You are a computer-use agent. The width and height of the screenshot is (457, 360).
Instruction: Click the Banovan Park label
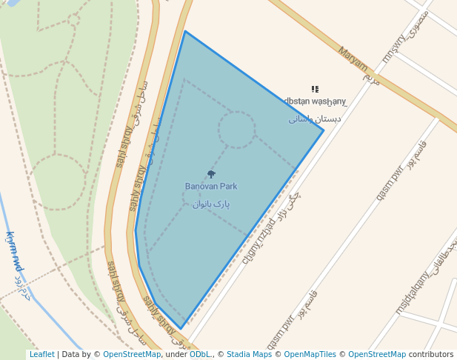click(211, 187)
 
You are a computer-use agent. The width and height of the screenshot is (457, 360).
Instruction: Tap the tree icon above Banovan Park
click(211, 174)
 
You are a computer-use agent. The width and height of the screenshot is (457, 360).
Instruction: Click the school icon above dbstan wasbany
click(315, 89)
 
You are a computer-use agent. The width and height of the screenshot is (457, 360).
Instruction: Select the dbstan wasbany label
click(315, 101)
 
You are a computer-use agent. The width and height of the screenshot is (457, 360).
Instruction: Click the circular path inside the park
click(237, 130)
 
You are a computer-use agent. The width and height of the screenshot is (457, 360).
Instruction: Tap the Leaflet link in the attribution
click(41, 355)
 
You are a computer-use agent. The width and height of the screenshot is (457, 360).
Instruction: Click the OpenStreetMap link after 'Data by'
click(131, 355)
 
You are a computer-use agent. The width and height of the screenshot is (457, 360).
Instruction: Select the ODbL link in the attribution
click(199, 355)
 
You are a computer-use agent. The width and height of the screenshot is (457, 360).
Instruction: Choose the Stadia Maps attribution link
click(250, 355)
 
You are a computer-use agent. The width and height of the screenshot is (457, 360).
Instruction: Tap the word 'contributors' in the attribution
click(431, 355)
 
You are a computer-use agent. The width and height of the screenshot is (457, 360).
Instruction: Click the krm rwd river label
click(14, 252)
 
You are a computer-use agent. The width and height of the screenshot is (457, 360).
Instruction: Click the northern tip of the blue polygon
click(185, 32)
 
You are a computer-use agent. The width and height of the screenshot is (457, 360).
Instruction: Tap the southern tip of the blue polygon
click(181, 329)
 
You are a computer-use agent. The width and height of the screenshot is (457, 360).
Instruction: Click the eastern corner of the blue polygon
click(323, 130)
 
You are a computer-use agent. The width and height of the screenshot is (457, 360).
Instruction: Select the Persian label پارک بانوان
click(211, 204)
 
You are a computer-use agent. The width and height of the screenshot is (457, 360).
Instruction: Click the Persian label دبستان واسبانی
click(315, 119)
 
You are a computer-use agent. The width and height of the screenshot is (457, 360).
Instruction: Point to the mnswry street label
click(394, 48)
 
